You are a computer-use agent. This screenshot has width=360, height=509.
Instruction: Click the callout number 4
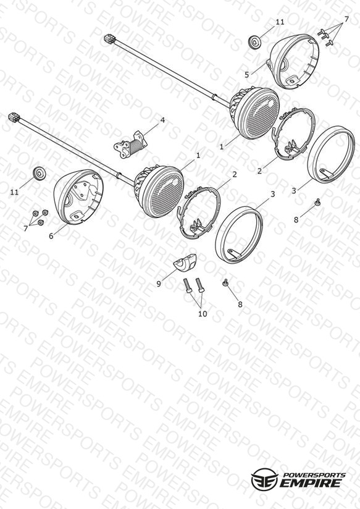click(162, 120)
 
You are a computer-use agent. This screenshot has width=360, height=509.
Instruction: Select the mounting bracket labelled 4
click(130, 144)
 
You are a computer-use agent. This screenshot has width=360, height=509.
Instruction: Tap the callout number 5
click(247, 75)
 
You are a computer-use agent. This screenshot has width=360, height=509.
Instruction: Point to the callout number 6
click(51, 236)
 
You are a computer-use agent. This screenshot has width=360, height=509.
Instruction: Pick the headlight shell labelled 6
click(78, 197)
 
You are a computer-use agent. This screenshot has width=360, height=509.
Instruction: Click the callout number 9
click(159, 284)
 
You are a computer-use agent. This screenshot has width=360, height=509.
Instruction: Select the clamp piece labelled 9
click(185, 262)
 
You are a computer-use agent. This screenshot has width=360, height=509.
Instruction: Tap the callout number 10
click(203, 314)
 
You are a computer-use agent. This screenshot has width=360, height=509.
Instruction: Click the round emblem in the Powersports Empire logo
click(265, 479)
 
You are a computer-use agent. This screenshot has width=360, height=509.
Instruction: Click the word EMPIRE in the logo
click(311, 483)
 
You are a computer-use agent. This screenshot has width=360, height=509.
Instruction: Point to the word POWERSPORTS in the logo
click(314, 475)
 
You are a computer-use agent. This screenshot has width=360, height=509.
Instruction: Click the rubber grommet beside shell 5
click(256, 42)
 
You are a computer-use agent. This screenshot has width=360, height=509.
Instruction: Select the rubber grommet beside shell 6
click(40, 173)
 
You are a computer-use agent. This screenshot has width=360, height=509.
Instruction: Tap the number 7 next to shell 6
click(26, 229)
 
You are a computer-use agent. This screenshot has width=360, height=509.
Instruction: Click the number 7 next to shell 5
click(346, 19)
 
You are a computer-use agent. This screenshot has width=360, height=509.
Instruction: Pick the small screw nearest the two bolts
click(224, 283)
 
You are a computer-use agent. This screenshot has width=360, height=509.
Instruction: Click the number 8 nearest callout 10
click(240, 305)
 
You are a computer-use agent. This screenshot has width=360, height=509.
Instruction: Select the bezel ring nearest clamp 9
click(239, 234)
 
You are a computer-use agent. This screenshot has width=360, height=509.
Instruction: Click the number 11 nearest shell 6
click(14, 192)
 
